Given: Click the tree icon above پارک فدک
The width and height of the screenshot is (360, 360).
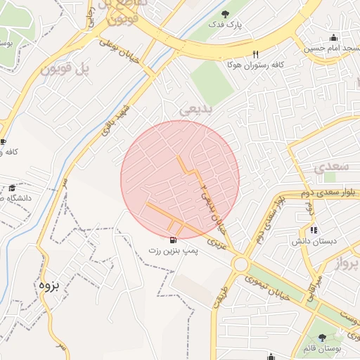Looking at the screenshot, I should [225, 14].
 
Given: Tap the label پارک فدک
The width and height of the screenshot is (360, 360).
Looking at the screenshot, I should [224, 25].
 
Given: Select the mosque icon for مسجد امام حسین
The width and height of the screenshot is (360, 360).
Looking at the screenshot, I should [333, 38].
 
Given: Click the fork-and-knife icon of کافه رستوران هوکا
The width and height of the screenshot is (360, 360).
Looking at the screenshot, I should [256, 54].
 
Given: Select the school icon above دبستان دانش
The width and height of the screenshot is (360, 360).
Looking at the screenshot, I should [314, 229].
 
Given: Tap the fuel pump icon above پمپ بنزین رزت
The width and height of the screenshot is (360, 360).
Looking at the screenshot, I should [174, 238].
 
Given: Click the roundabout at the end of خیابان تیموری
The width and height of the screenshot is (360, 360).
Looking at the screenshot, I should [241, 265].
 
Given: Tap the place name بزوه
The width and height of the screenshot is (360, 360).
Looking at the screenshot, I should [48, 285].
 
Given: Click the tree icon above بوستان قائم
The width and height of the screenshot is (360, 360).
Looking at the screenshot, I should [322, 338].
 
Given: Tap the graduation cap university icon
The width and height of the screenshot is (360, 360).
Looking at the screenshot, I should [12, 188].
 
